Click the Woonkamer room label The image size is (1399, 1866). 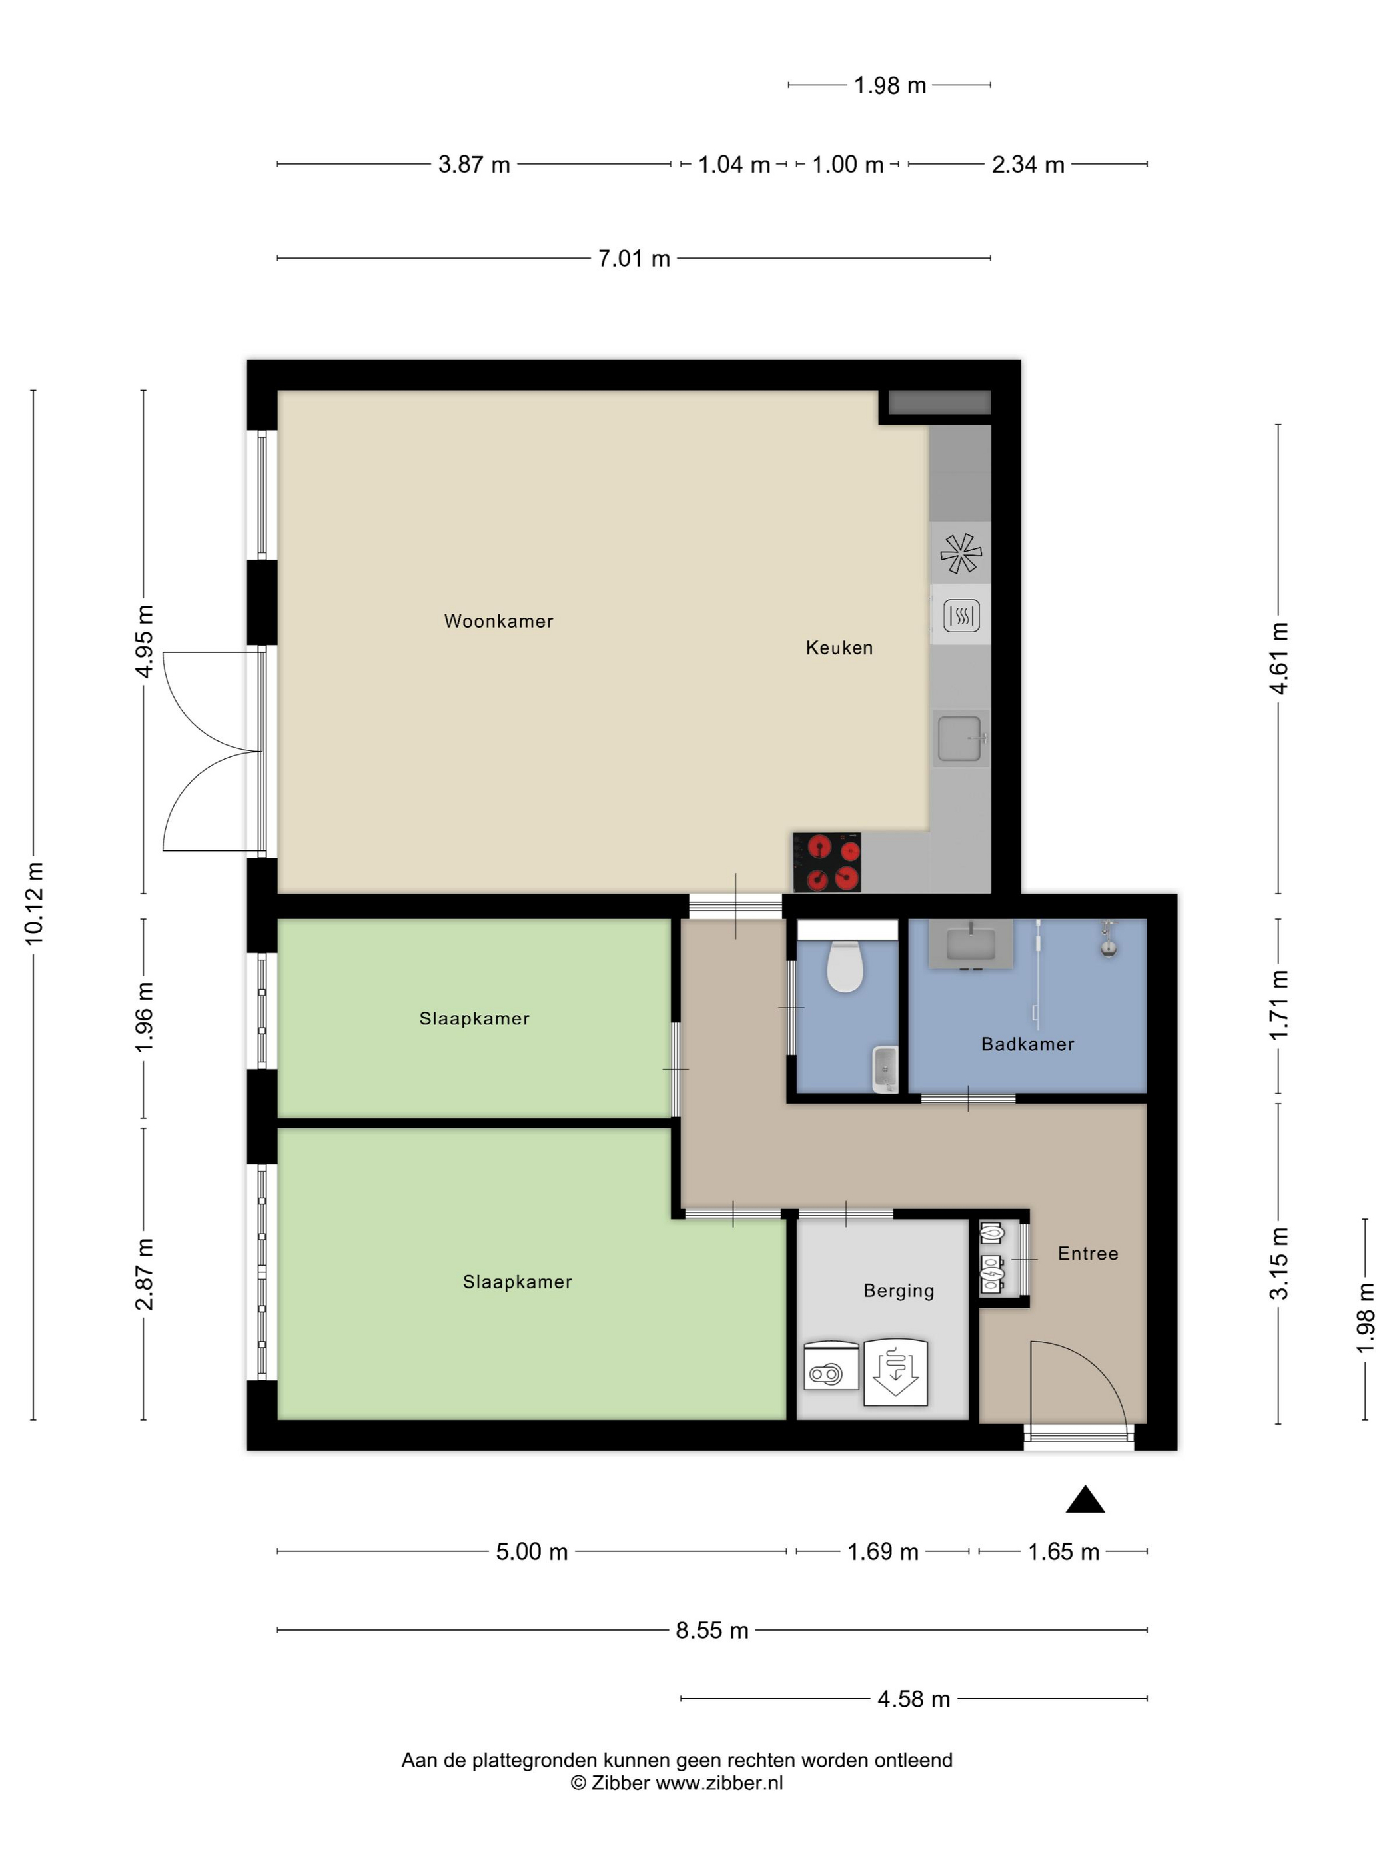(498, 621)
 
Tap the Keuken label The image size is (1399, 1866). (839, 648)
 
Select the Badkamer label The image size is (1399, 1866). (1027, 1044)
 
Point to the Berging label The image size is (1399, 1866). (899, 1291)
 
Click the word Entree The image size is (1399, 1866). (1088, 1254)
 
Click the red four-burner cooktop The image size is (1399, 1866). (827, 863)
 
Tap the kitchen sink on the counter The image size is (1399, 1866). (961, 738)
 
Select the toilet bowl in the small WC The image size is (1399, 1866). (845, 966)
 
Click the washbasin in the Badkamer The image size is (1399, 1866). (971, 944)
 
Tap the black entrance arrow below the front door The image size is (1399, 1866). (1085, 1499)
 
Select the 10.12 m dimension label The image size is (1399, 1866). (34, 904)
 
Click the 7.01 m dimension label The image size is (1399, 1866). (634, 258)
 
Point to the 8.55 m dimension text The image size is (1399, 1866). (711, 1631)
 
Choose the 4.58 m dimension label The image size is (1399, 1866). (913, 1699)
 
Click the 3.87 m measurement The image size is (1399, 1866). (474, 165)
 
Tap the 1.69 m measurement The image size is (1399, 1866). (882, 1552)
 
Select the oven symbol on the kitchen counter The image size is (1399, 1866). (961, 615)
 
